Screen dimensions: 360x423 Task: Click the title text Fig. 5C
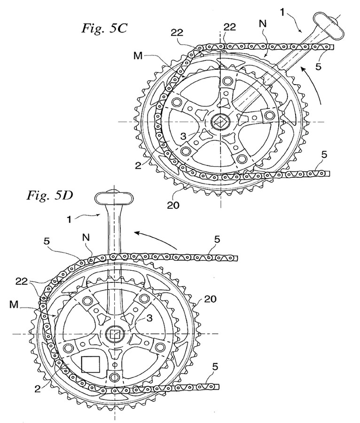104,28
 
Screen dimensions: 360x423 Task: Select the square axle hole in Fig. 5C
220,122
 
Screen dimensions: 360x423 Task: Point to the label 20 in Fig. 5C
173,205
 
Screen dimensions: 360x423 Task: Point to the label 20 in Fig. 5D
210,299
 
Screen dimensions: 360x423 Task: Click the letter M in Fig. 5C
138,56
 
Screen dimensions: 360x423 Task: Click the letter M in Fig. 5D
14,305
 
